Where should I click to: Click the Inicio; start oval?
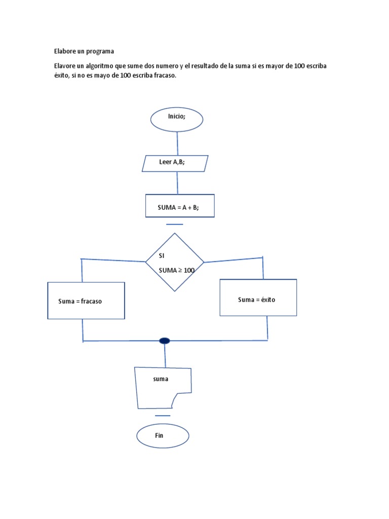(x=177, y=119)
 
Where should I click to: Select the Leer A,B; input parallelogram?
(x=175, y=163)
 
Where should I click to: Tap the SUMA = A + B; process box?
(x=179, y=206)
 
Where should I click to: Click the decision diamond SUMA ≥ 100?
(x=175, y=263)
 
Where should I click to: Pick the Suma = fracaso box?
(x=86, y=301)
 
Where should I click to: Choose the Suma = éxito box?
(x=258, y=298)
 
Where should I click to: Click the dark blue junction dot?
(x=164, y=341)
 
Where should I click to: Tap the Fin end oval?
(x=163, y=436)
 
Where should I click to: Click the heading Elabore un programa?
(x=84, y=51)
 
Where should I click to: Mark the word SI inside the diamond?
(x=162, y=256)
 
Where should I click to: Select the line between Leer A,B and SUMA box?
(x=177, y=182)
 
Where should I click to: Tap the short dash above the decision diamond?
(x=174, y=224)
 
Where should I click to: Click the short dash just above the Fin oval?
(x=163, y=416)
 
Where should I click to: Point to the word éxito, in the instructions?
(x=63, y=75)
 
